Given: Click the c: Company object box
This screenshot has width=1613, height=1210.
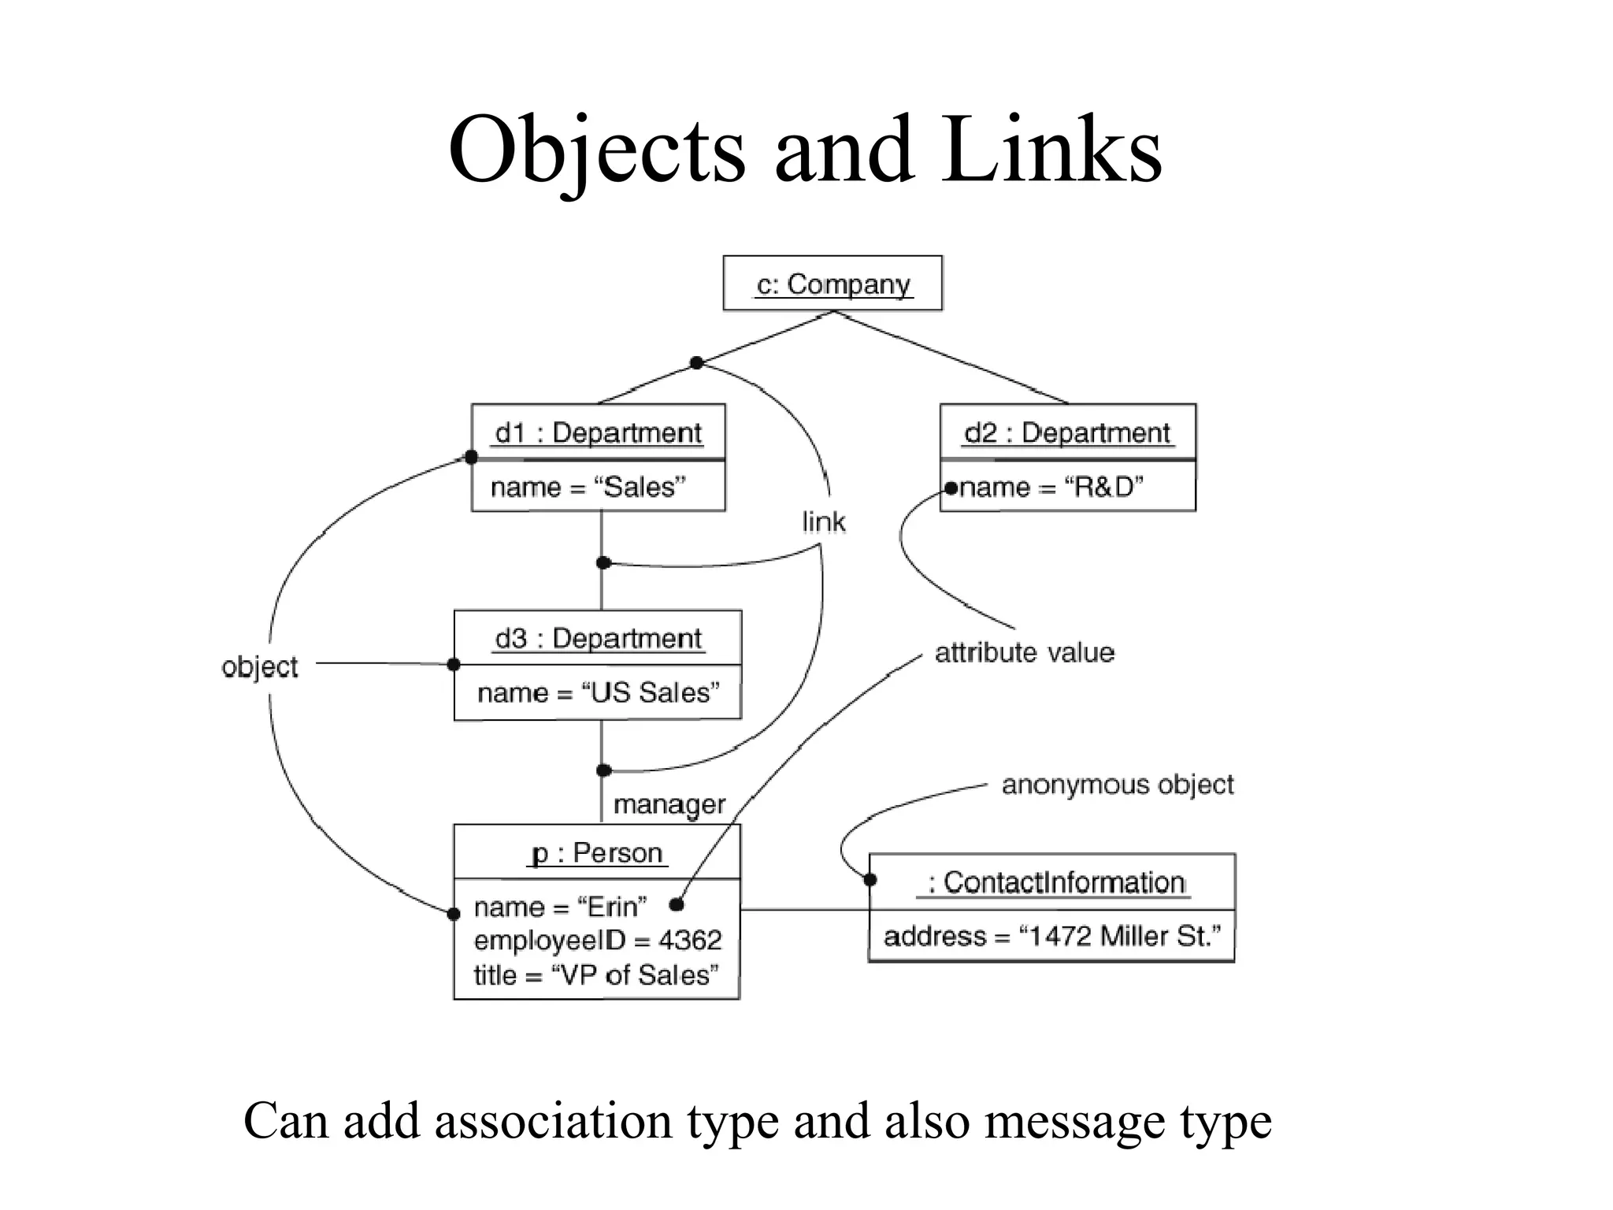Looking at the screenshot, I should click(832, 284).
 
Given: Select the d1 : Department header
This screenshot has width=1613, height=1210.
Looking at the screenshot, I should click(598, 432).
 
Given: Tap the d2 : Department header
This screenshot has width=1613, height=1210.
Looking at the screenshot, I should click(1067, 432).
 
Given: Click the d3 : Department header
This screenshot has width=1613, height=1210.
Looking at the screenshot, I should click(598, 638).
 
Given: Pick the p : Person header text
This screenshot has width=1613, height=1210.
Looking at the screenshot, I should click(597, 852).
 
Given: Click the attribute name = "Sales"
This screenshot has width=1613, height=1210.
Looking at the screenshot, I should click(588, 487).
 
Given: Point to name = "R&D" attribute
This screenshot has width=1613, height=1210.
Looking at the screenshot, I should click(1051, 487).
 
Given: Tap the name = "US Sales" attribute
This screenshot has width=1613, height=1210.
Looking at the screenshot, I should click(598, 692).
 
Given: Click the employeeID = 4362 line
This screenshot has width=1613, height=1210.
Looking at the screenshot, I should click(598, 940).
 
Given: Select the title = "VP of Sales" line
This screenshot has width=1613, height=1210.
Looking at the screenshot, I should click(596, 974).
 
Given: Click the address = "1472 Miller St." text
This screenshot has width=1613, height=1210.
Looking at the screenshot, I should click(1052, 936).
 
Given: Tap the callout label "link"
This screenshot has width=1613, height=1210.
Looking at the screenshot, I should click(823, 521).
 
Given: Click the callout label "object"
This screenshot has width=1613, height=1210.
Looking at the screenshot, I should click(260, 667).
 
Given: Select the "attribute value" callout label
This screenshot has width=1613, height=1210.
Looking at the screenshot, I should click(1025, 652).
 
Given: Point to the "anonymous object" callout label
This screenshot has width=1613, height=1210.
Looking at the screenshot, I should click(1118, 785).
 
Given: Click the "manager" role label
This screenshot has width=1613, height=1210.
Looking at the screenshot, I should click(669, 804).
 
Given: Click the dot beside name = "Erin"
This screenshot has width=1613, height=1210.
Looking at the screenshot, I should click(676, 904).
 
